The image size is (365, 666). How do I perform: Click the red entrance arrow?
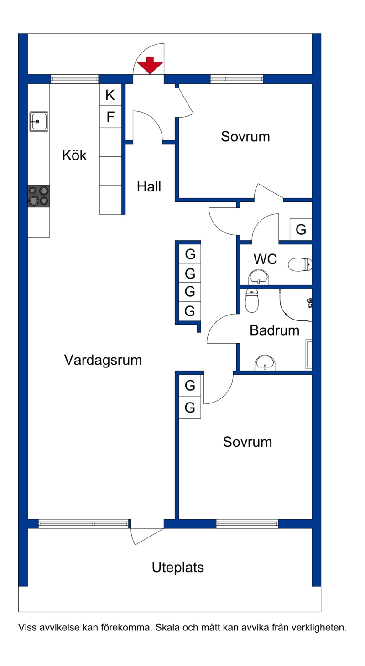[150, 65]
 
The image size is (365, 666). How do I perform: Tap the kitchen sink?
[39, 121]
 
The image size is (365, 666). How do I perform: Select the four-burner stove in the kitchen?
[39, 196]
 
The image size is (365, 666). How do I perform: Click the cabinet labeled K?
[110, 95]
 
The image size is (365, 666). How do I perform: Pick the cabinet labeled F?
[110, 117]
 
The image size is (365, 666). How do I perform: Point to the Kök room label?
[74, 155]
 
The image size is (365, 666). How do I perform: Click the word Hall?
[149, 186]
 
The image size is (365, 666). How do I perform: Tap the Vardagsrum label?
[103, 360]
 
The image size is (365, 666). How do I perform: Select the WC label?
[265, 259]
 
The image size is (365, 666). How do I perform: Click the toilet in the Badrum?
[252, 300]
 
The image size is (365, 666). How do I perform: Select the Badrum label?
[274, 330]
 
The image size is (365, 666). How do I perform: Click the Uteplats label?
[177, 568]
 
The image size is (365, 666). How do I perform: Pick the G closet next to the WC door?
[301, 229]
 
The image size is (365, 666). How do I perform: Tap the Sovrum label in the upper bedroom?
[245, 136]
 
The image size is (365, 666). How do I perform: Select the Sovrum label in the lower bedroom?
[247, 442]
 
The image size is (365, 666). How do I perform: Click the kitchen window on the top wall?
[74, 79]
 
